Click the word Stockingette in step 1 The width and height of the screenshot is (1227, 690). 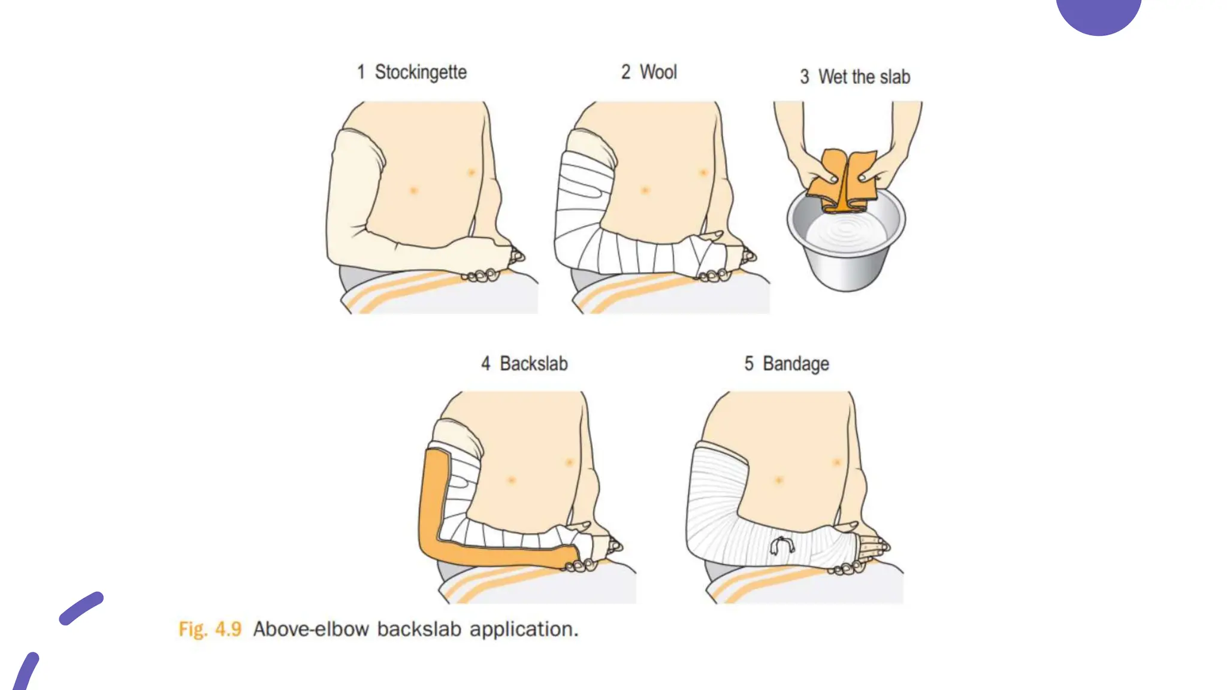pos(421,72)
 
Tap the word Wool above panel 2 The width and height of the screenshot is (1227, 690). pos(658,72)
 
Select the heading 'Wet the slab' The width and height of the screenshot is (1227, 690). pos(864,77)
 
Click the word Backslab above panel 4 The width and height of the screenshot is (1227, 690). pos(533,364)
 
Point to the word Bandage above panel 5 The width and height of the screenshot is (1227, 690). pos(795,364)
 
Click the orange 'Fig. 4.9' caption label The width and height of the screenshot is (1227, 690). pos(210,629)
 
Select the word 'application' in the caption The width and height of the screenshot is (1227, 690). pos(523,629)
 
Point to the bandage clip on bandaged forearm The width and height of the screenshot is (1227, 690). pos(782,546)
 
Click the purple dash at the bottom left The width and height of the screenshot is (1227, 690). pos(81,609)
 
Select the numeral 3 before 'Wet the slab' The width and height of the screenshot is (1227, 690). pos(805,77)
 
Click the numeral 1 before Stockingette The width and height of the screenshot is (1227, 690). pos(361,72)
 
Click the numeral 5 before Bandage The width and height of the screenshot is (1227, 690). pos(749,364)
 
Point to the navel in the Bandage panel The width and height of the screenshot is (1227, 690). pos(779,480)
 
